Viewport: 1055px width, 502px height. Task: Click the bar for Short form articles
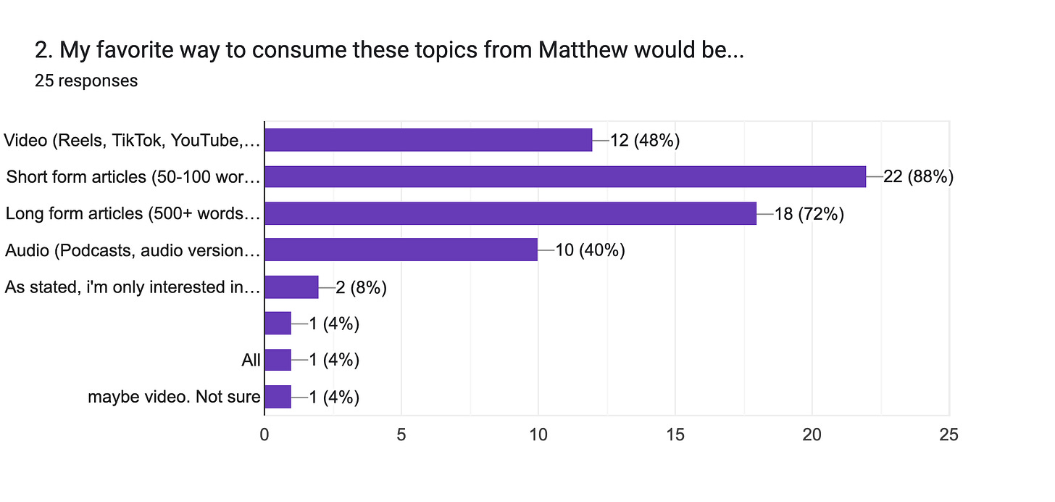(x=565, y=176)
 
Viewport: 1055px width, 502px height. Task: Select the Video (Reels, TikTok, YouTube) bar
(x=428, y=140)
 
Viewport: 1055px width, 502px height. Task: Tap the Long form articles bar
(x=510, y=213)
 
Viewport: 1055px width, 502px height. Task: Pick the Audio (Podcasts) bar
(x=401, y=250)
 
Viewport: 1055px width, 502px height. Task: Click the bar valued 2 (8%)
(x=291, y=287)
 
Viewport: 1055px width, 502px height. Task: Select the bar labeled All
(x=278, y=360)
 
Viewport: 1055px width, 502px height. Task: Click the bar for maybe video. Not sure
(x=278, y=397)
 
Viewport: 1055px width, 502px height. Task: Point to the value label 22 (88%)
(x=917, y=176)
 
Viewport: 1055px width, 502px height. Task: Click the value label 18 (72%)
(x=809, y=213)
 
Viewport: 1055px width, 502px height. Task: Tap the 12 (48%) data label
(x=644, y=140)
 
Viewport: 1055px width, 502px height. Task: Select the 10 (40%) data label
(x=590, y=250)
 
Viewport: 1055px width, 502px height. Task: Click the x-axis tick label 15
(x=675, y=435)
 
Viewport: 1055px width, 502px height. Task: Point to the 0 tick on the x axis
(x=264, y=435)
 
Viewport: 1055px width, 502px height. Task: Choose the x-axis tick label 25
(x=948, y=435)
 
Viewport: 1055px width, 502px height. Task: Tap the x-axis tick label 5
(x=401, y=435)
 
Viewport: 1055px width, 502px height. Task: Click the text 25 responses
(x=86, y=81)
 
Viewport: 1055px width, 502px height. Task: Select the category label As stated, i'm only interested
(x=132, y=287)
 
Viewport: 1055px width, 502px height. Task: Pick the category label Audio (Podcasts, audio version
(x=132, y=250)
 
